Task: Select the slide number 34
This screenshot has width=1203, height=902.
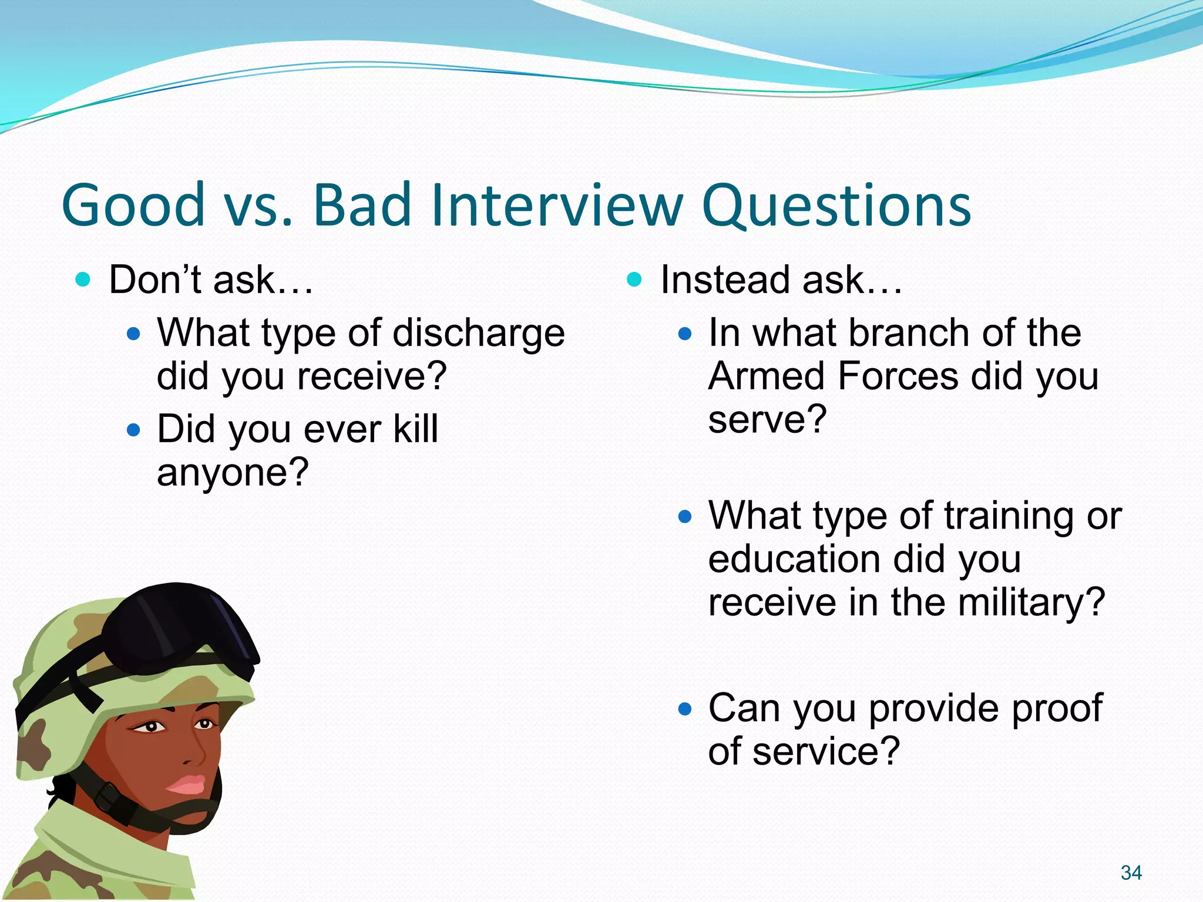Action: (x=1131, y=873)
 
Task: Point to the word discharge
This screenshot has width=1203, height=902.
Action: (x=478, y=334)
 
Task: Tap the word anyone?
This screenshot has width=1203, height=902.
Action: (x=233, y=472)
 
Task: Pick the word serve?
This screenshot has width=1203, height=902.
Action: (x=767, y=419)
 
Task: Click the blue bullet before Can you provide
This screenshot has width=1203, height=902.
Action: (x=684, y=709)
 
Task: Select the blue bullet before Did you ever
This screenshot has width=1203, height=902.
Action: (x=134, y=430)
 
